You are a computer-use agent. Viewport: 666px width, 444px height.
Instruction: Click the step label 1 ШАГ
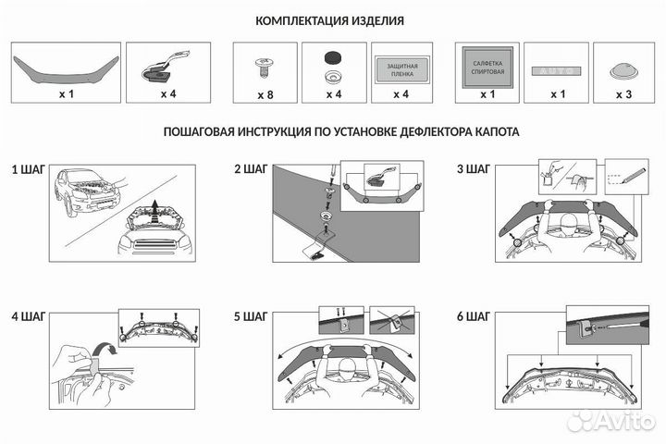pos(28,170)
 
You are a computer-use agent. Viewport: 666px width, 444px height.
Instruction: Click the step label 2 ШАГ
pos(251,170)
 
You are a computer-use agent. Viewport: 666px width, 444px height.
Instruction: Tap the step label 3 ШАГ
pos(474,170)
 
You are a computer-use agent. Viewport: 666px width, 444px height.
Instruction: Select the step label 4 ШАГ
pos(28,316)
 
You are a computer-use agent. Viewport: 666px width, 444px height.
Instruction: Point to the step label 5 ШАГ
pos(251,316)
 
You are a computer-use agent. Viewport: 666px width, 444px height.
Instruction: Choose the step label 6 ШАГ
pos(474,316)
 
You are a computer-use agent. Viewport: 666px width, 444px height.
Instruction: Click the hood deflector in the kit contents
pos(64,64)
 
